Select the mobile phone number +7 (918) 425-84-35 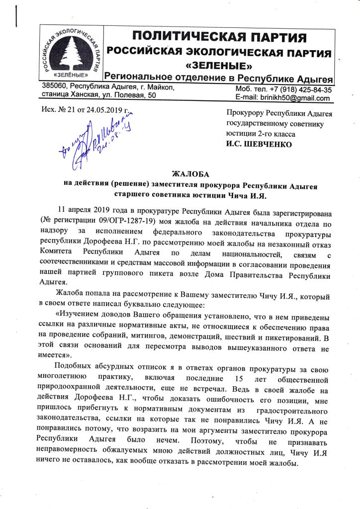coord(296,90)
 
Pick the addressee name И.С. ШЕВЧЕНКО coord(260,145)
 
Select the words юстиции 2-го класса coord(261,134)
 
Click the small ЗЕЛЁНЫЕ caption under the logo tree coord(70,76)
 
